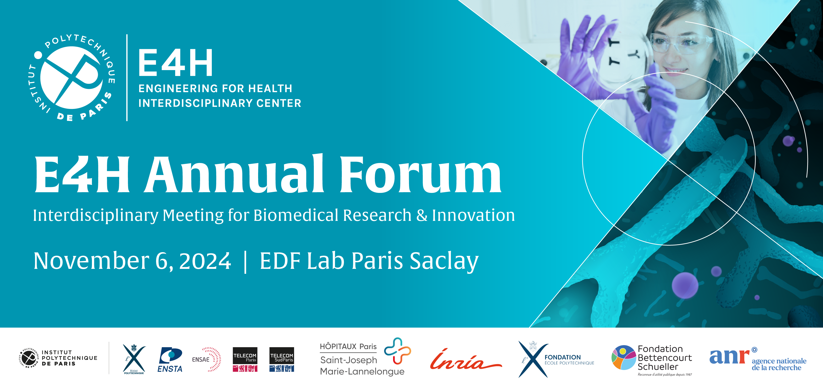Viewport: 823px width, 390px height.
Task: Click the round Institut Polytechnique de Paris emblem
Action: pos(72,77)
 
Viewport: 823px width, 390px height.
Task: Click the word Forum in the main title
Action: pos(421,174)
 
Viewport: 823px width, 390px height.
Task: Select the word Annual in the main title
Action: pos(234,174)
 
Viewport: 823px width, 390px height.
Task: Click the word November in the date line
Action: pos(91,261)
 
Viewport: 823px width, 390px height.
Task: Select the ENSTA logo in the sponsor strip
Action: pos(170,360)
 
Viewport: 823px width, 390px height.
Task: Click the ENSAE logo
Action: pos(206,359)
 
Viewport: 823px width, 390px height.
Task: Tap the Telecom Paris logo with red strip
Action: pos(245,359)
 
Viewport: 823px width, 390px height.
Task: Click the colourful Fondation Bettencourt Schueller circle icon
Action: pos(623,357)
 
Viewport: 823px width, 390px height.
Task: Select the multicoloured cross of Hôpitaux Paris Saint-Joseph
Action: pos(398,351)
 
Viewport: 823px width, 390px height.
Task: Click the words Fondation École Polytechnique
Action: pos(569,360)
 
